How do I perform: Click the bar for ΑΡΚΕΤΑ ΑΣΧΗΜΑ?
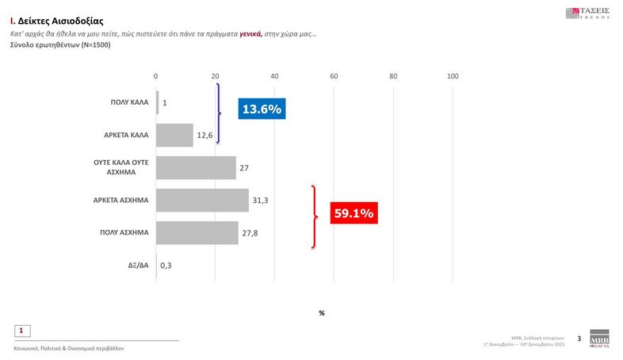tap(202, 201)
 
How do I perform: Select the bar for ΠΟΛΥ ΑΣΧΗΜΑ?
tap(197, 232)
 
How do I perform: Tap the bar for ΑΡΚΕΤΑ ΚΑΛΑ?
tap(174, 135)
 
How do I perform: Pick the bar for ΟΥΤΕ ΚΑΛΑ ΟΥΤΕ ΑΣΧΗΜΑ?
tap(196, 167)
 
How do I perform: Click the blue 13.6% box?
tap(260, 109)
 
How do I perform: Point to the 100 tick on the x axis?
tap(453, 76)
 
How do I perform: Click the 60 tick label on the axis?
tap(334, 76)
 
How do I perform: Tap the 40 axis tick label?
tap(274, 76)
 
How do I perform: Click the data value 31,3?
tap(260, 201)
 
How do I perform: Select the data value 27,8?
tap(250, 233)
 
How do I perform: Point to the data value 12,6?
tap(204, 136)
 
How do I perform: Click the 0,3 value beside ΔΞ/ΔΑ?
tap(166, 266)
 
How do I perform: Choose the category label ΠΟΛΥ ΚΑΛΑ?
tap(128, 102)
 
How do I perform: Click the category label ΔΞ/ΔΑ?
tap(136, 265)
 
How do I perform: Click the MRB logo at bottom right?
tap(600, 339)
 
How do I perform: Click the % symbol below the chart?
tap(322, 313)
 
